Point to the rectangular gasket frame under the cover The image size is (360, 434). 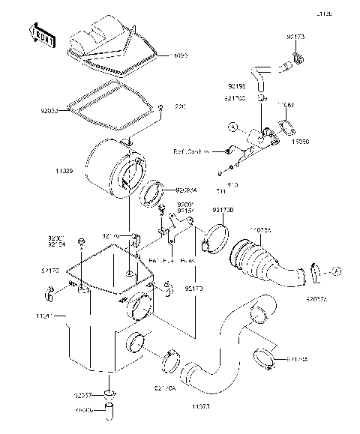click(109, 105)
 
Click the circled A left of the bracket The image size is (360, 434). click(234, 128)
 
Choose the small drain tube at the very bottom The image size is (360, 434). click(109, 411)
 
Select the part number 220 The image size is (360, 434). click(181, 107)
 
